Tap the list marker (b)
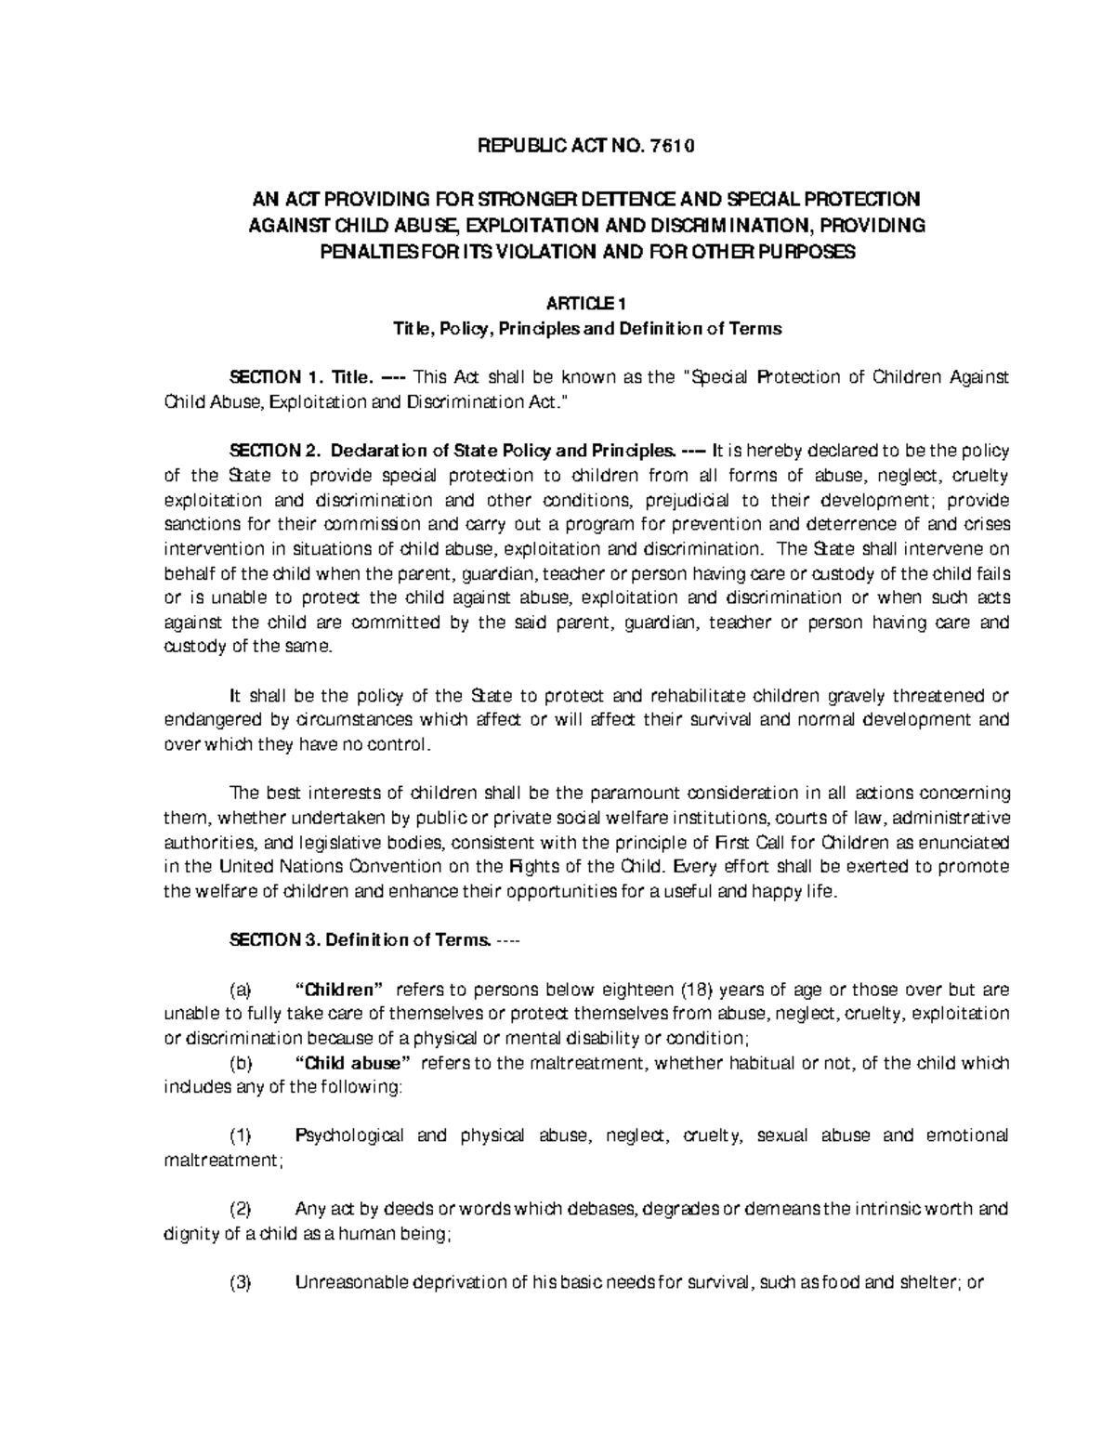point(239,1063)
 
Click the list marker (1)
point(240,1135)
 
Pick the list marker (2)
point(240,1210)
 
